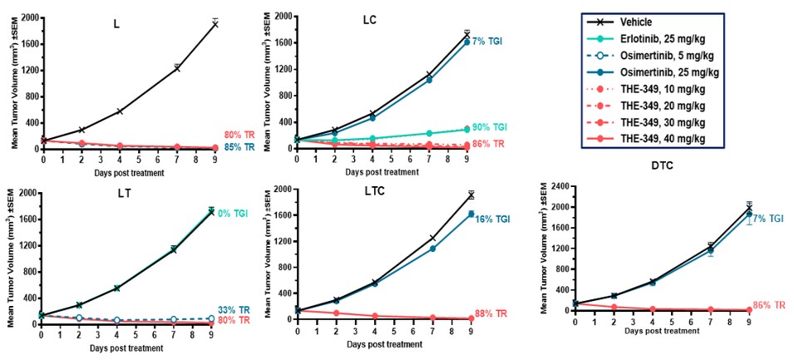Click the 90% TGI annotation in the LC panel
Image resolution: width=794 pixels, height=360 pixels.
pos(489,128)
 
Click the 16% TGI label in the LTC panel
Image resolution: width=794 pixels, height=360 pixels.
pos(492,219)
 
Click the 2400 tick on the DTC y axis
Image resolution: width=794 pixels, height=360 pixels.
pos(551,186)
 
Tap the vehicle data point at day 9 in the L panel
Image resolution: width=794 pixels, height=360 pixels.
pos(215,24)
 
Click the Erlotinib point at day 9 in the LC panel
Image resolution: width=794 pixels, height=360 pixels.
pos(467,129)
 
